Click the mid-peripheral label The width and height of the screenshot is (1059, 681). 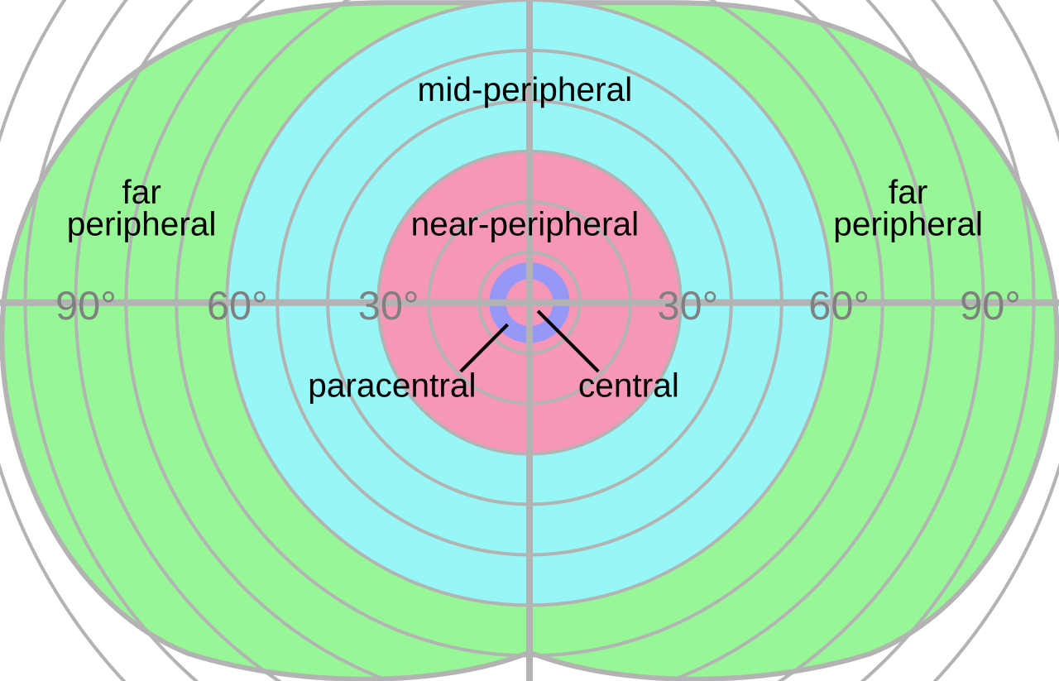525,90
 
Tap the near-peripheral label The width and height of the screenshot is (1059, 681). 525,224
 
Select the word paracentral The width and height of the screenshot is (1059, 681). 391,386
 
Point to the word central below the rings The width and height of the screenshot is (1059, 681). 628,386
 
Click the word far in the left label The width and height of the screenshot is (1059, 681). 141,193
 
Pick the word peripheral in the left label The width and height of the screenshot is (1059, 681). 141,225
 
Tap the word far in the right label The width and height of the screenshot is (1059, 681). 908,193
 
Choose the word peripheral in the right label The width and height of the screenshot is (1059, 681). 908,225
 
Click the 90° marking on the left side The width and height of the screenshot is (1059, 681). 85,307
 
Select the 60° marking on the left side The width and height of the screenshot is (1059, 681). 237,307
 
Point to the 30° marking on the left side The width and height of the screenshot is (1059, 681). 387,307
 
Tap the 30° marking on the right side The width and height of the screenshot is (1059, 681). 687,307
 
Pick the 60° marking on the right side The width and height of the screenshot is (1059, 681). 838,307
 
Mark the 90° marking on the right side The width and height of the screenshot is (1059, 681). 990,307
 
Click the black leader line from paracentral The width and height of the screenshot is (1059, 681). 484,348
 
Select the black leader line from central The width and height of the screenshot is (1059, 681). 568,341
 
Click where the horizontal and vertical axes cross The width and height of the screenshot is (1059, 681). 529,303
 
